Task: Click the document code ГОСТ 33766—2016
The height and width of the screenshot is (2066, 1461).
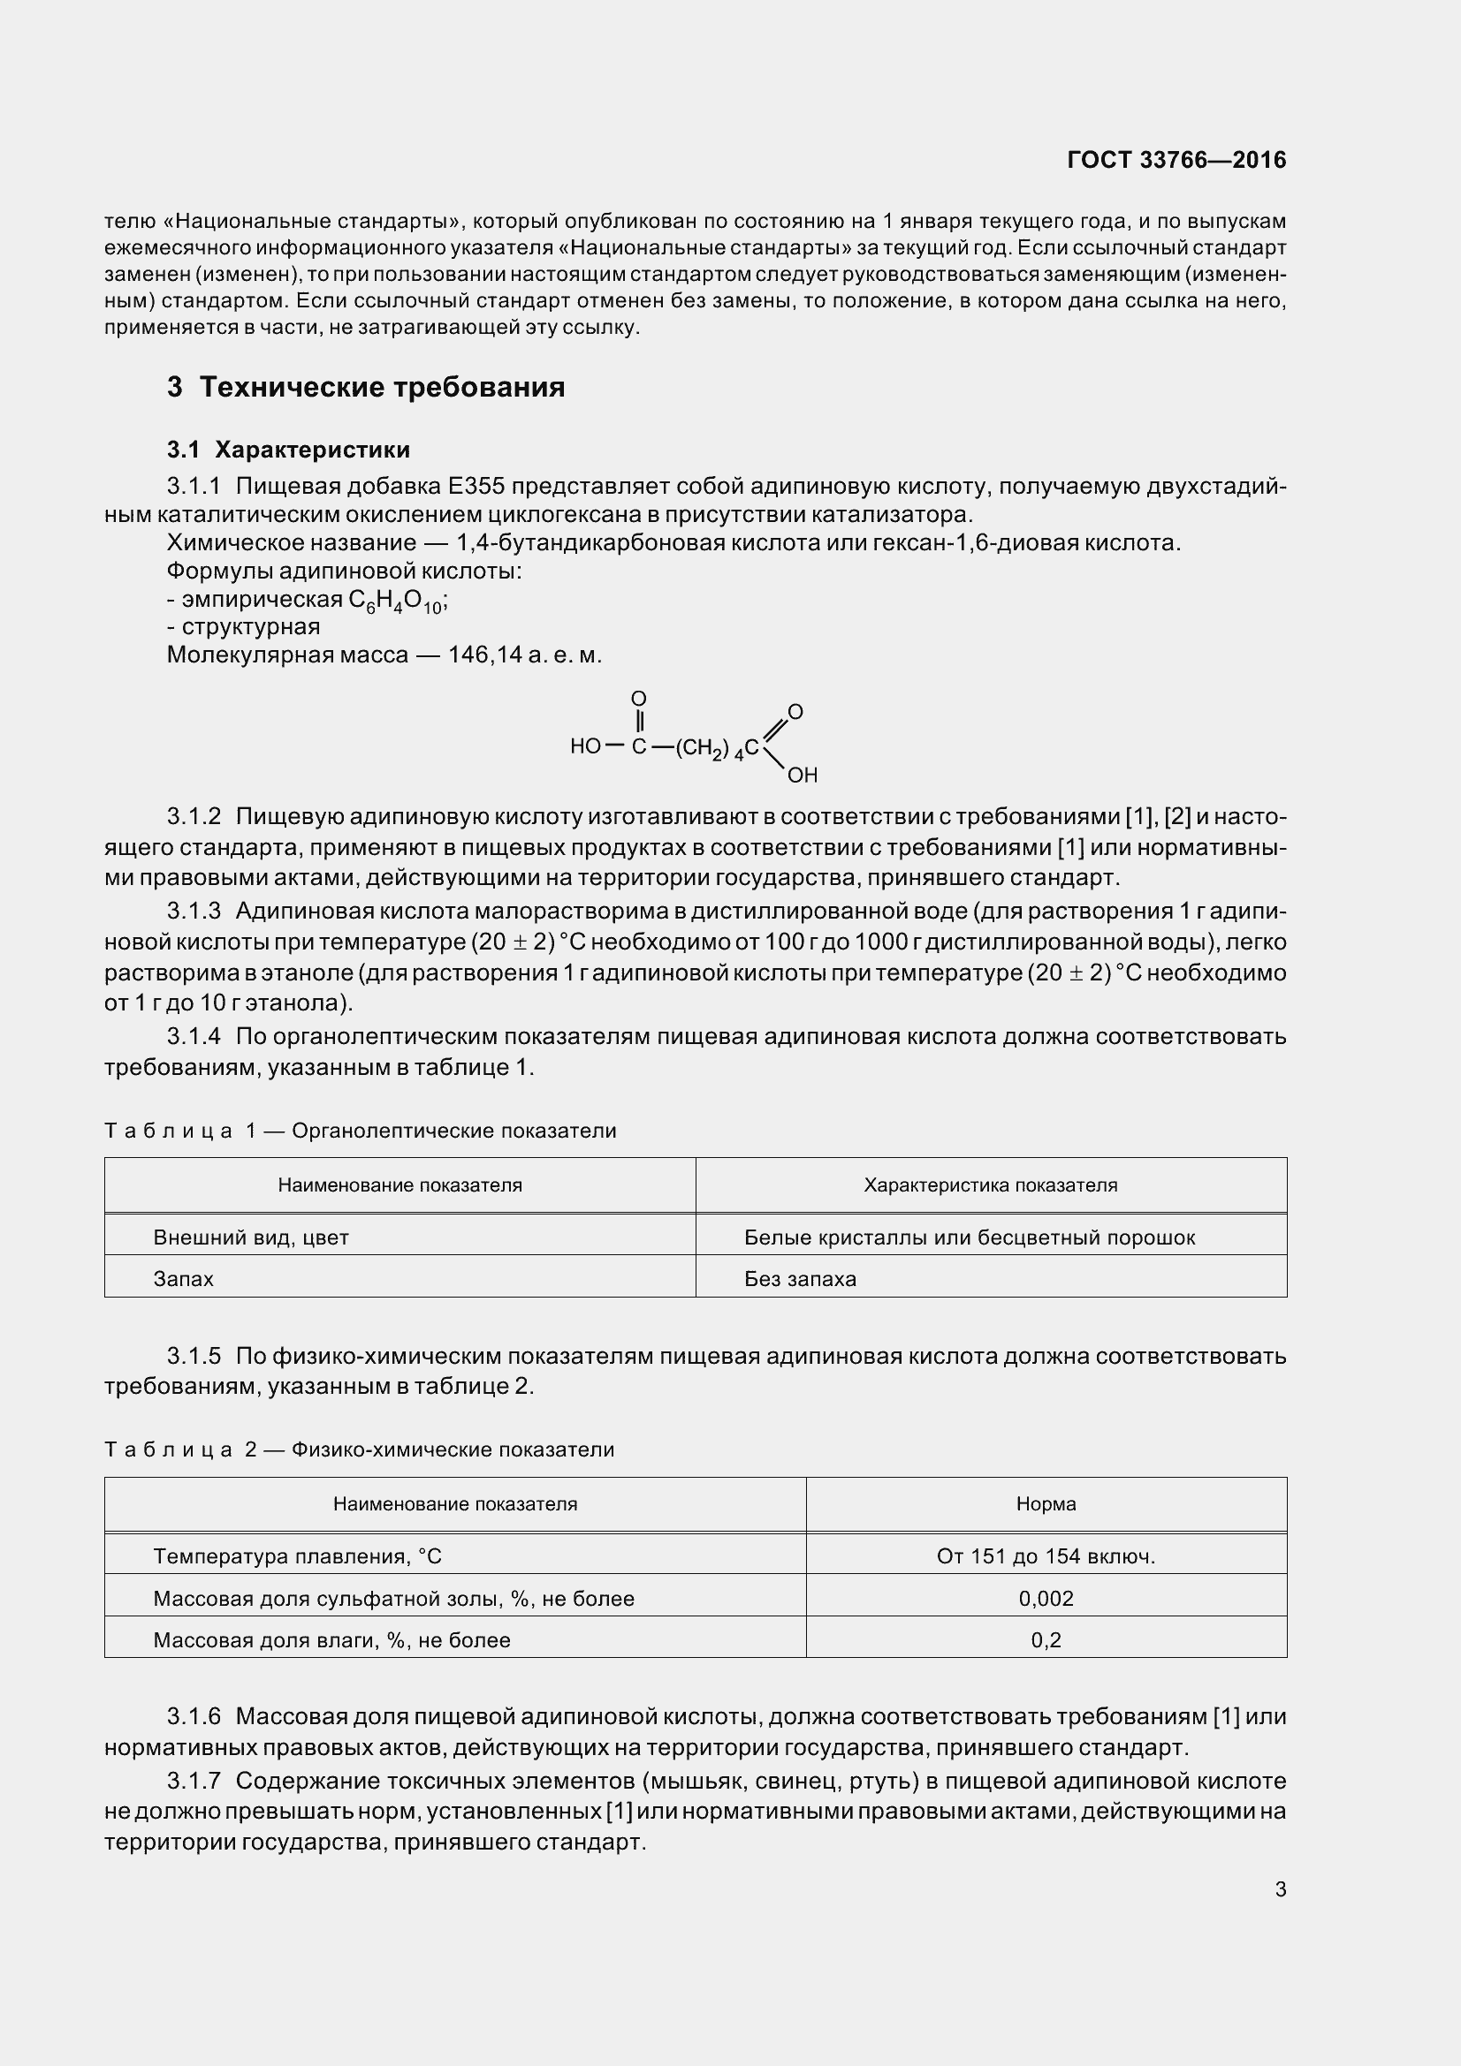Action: (1176, 160)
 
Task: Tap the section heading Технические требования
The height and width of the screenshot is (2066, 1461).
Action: (382, 387)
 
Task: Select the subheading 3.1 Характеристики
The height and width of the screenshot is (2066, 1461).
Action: (288, 450)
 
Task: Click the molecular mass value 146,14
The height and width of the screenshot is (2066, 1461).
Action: (485, 655)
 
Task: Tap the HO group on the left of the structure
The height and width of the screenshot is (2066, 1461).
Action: (585, 747)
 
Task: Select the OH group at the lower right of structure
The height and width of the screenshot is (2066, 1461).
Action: (802, 775)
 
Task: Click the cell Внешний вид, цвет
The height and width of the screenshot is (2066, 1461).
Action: (251, 1237)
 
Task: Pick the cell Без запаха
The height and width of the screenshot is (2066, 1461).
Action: (799, 1279)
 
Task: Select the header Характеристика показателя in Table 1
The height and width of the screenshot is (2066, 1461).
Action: (990, 1185)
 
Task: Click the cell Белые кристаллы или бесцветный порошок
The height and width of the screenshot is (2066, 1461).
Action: (970, 1237)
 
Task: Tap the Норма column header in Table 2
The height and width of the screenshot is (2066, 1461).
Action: (1045, 1503)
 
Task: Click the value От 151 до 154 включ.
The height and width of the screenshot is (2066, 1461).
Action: (1045, 1555)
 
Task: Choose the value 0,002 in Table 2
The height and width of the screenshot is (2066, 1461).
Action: (1045, 1598)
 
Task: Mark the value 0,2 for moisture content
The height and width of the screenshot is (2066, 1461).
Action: (1045, 1639)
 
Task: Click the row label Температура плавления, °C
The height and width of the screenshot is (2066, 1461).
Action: (297, 1555)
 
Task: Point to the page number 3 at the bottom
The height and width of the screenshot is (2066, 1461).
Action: (1280, 1889)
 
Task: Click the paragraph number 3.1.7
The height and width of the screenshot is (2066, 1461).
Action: (194, 1781)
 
